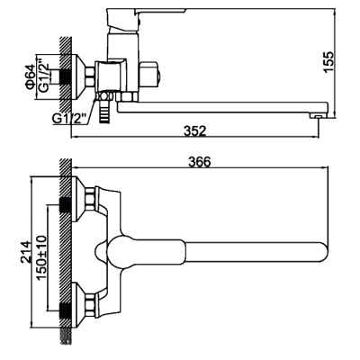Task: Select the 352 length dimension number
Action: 195,131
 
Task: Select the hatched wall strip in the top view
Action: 66,252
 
